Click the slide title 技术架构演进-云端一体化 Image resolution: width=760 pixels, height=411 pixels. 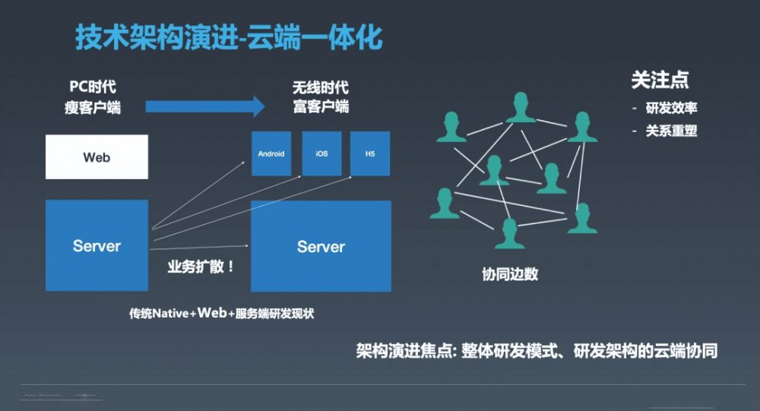pyautogui.click(x=229, y=37)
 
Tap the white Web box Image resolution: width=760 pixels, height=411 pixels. pyautogui.click(x=97, y=157)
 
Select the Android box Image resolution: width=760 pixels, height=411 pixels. pyautogui.click(x=271, y=153)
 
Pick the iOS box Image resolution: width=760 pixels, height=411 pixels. pyautogui.click(x=321, y=153)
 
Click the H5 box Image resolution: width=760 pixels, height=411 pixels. pyautogui.click(x=370, y=153)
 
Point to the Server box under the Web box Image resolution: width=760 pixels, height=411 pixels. pyautogui.click(x=97, y=245)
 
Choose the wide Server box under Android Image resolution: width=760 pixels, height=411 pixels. pyautogui.click(x=321, y=246)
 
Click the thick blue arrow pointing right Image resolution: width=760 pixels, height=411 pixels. pyautogui.click(x=204, y=106)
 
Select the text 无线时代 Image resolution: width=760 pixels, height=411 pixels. pyautogui.click(x=320, y=87)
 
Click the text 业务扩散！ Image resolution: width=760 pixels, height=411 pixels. pyautogui.click(x=201, y=267)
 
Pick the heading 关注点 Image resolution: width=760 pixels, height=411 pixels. pyautogui.click(x=660, y=81)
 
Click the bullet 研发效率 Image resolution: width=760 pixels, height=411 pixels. pyautogui.click(x=671, y=108)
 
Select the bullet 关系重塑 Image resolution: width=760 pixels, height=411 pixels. pyautogui.click(x=671, y=131)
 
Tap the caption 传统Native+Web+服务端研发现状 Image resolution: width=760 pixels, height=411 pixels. pyautogui.click(x=221, y=313)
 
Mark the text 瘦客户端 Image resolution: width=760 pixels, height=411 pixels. pyautogui.click(x=93, y=107)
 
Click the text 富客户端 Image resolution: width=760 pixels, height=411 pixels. pyautogui.click(x=320, y=107)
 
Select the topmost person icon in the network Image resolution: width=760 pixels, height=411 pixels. pyautogui.click(x=521, y=107)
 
